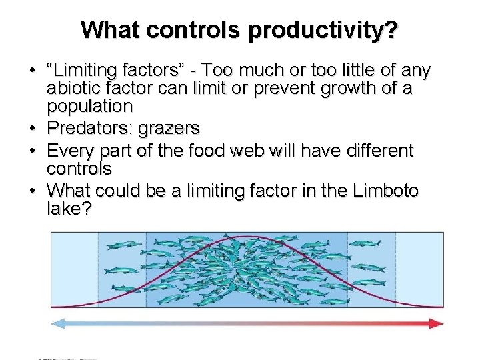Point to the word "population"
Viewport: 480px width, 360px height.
tap(90, 106)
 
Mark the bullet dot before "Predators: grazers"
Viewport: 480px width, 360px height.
tap(32, 129)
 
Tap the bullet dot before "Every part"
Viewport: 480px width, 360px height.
tap(32, 151)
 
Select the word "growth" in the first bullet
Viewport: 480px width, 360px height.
tap(337, 88)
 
